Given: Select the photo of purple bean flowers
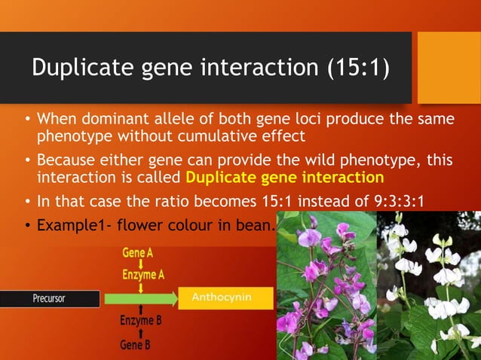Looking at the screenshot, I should coord(326,286).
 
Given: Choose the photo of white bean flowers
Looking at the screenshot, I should coord(428,286).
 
